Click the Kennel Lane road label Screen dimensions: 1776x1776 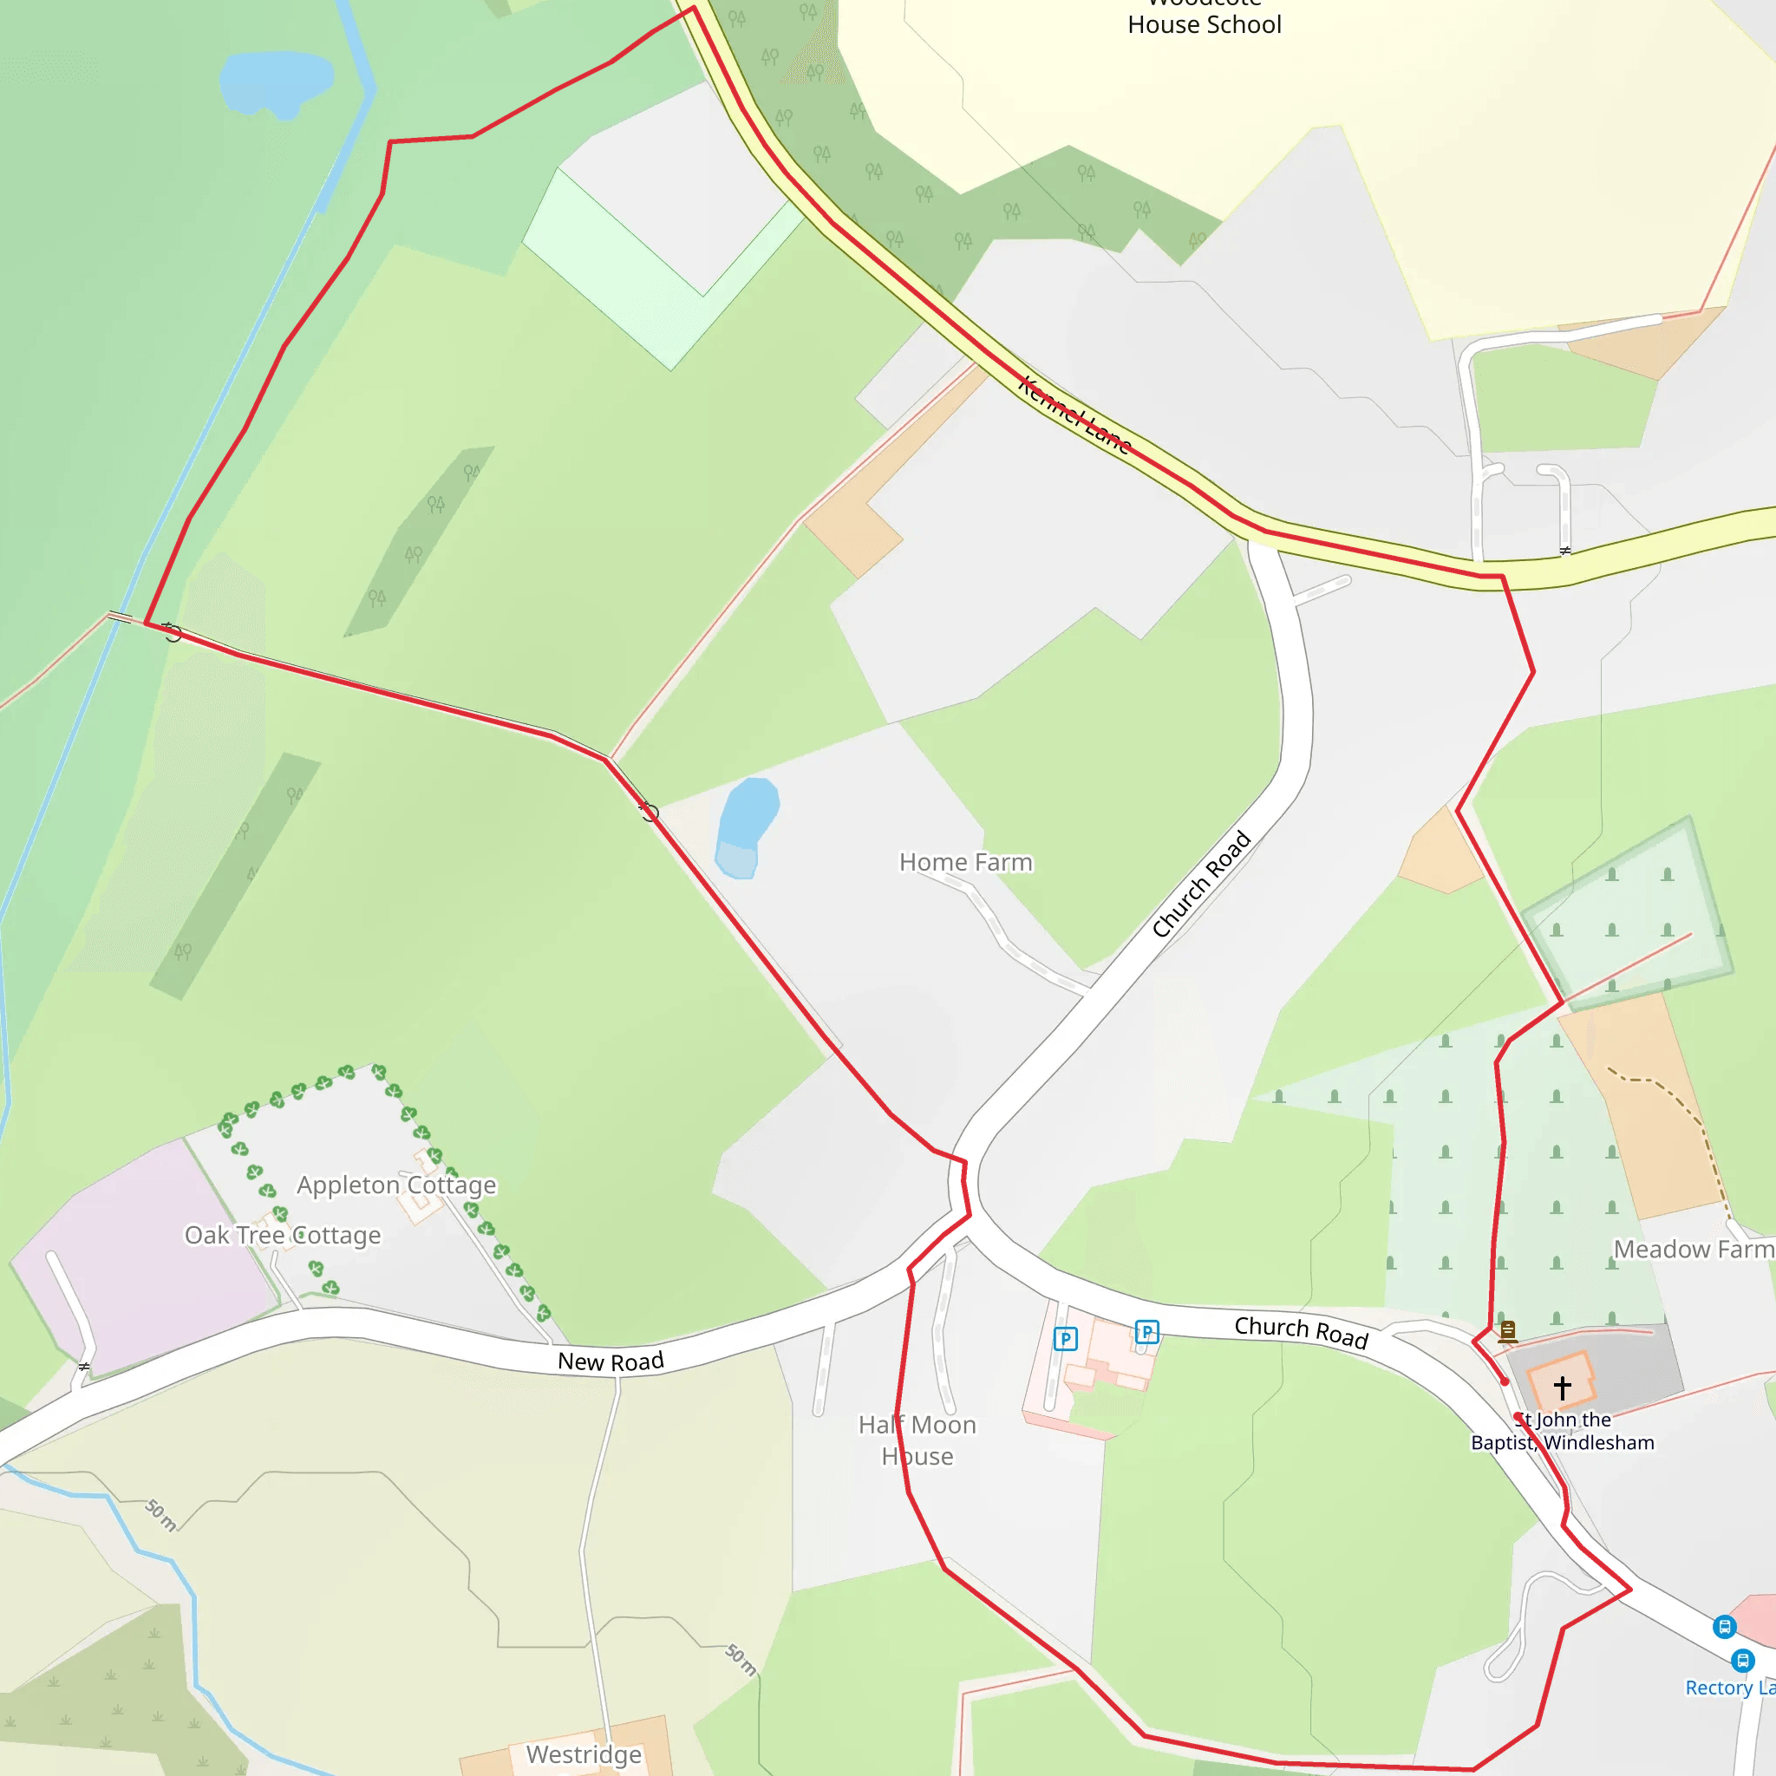[1074, 415]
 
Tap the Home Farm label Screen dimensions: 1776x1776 [965, 862]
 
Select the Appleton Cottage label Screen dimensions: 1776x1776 [396, 1185]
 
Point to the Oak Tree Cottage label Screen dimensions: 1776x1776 [282, 1235]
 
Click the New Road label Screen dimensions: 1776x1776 [610, 1361]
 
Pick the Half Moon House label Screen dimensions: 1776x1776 [917, 1440]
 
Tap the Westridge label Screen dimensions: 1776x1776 [584, 1754]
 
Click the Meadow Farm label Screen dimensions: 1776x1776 [1694, 1250]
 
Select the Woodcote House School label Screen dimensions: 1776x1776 [1205, 18]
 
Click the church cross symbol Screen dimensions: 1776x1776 [1562, 1387]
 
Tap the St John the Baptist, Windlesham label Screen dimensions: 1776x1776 [1563, 1431]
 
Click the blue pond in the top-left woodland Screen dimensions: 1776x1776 [276, 81]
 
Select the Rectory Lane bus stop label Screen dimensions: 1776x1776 [1728, 1688]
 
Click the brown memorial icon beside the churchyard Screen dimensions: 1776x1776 [1507, 1330]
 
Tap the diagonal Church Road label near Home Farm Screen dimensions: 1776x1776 [1201, 884]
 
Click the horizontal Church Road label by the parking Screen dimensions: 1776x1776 [1301, 1332]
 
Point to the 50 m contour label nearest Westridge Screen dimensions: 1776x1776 [741, 1659]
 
